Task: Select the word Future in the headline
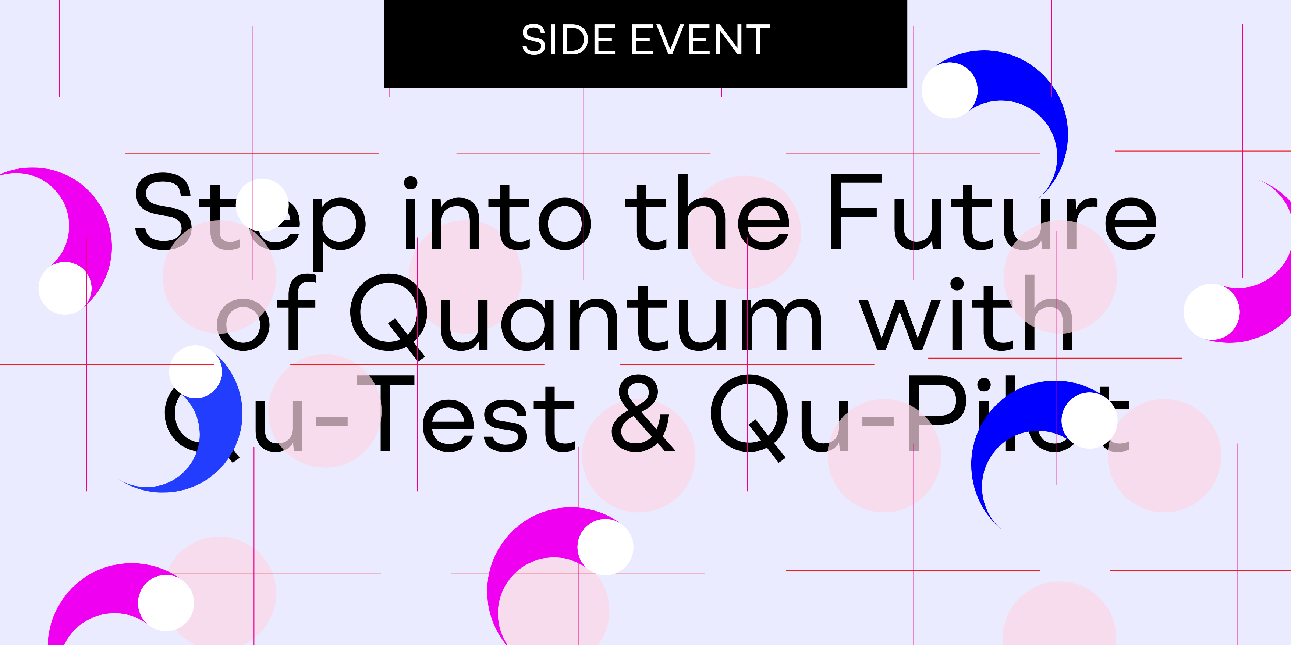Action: [992, 213]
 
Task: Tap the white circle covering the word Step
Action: [262, 205]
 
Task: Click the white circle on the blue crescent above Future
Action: [949, 90]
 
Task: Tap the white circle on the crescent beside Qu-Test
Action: [195, 371]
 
